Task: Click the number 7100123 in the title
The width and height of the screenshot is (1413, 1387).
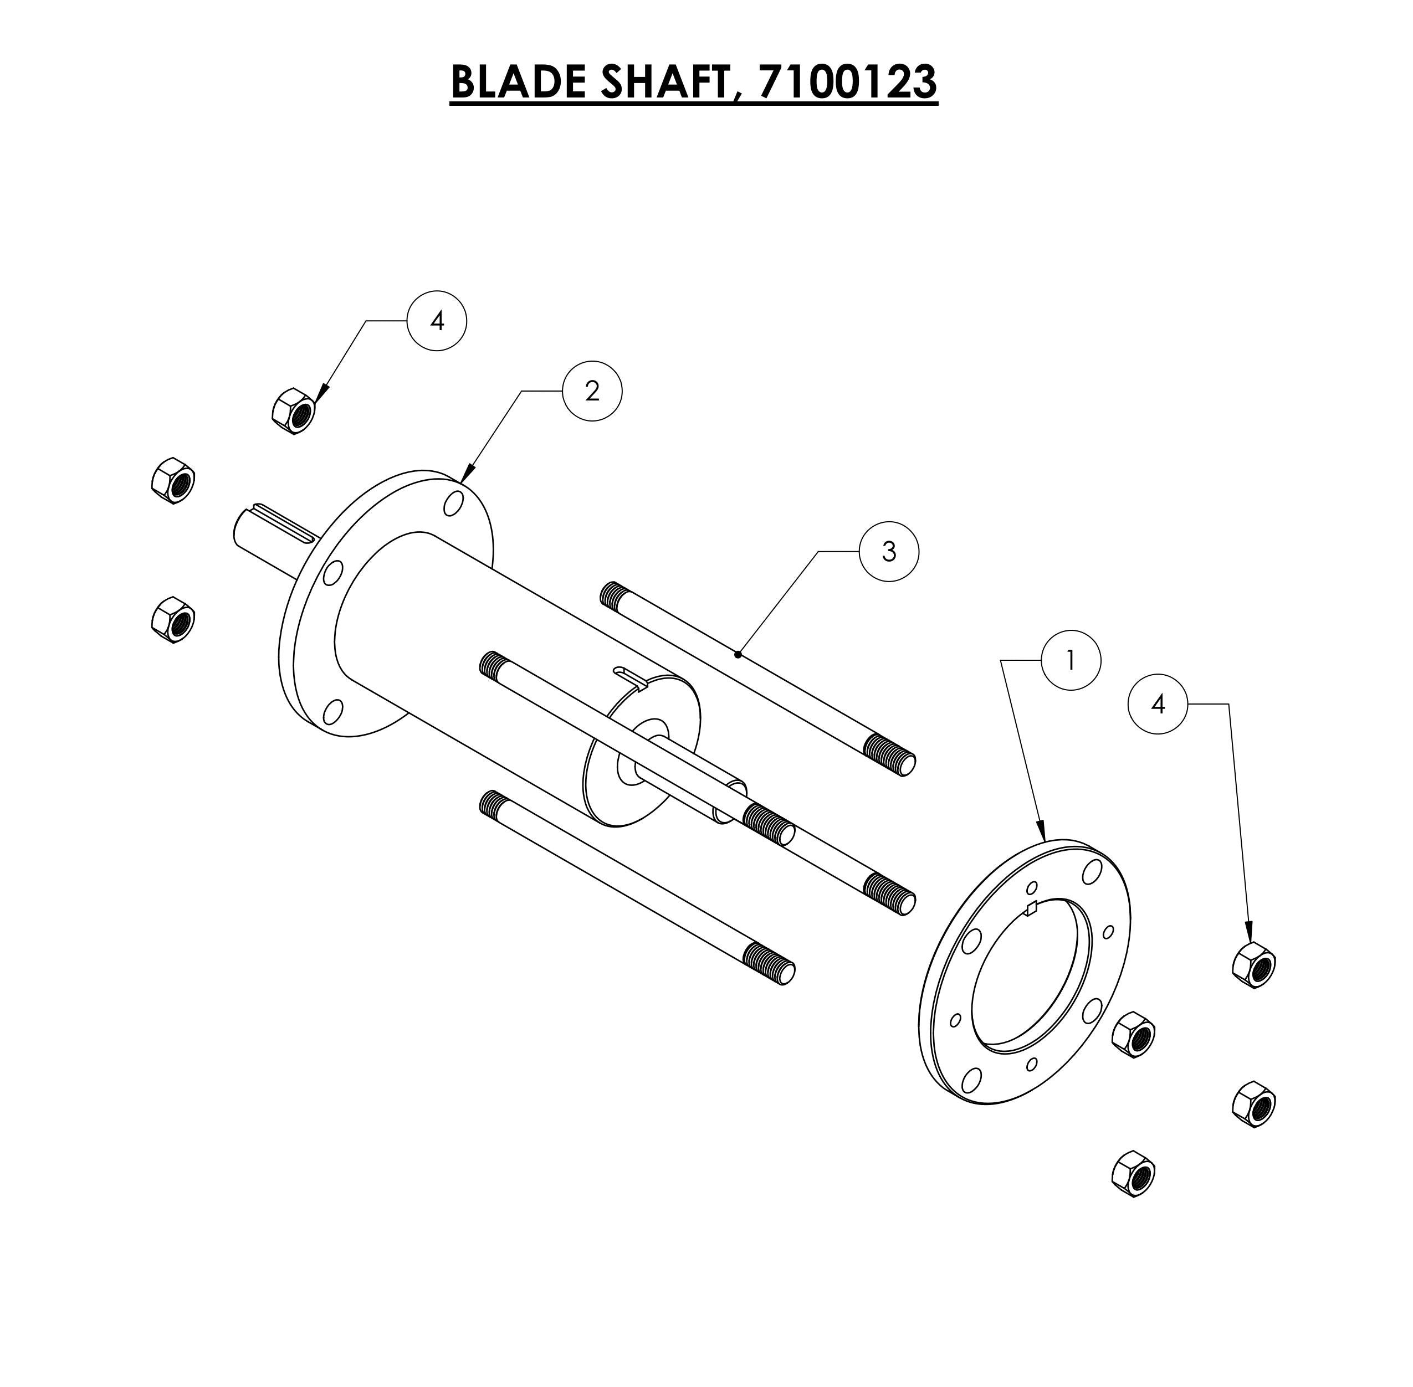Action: (x=847, y=81)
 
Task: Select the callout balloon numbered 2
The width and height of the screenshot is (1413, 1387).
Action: (x=592, y=391)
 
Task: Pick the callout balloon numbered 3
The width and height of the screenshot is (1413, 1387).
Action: (x=888, y=552)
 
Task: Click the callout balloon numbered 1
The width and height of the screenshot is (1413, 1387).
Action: (x=1070, y=660)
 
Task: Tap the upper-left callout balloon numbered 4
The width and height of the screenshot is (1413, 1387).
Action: (x=437, y=321)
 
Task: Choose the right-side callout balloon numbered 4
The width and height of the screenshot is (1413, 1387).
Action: (x=1157, y=703)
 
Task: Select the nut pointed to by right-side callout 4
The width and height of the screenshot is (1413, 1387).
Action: (x=1253, y=964)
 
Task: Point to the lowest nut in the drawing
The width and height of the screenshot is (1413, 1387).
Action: (x=1134, y=1173)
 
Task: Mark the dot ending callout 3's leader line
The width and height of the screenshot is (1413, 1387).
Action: (x=738, y=655)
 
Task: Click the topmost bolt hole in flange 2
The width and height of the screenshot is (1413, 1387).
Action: (x=453, y=504)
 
